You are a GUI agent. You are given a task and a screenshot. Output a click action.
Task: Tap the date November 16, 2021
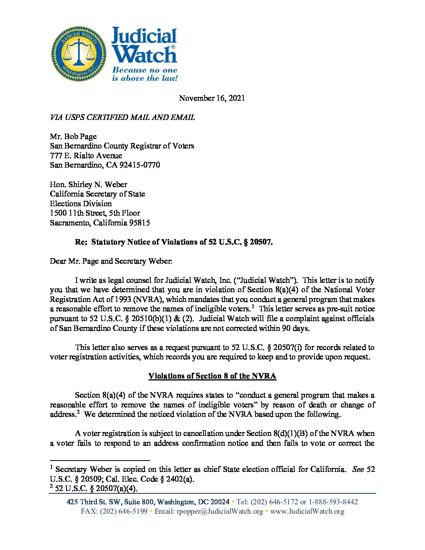212,98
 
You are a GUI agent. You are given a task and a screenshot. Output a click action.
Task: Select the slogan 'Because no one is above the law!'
145,74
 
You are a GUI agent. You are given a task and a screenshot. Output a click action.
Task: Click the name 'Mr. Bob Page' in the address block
73,136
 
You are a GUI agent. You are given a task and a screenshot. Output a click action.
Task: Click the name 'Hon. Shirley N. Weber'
88,184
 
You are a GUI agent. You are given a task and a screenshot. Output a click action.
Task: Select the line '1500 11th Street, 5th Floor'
95,213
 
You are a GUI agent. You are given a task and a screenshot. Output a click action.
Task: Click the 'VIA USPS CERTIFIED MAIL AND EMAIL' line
122,117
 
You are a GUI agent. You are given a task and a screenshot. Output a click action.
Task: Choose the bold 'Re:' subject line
173,242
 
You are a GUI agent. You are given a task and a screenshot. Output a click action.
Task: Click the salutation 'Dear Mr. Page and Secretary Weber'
111,261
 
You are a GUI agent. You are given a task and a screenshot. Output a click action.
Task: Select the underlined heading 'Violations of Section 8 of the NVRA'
212,376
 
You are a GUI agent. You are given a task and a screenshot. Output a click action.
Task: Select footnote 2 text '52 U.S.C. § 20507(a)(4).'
96,488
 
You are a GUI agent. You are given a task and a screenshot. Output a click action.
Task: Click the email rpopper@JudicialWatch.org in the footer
220,511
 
